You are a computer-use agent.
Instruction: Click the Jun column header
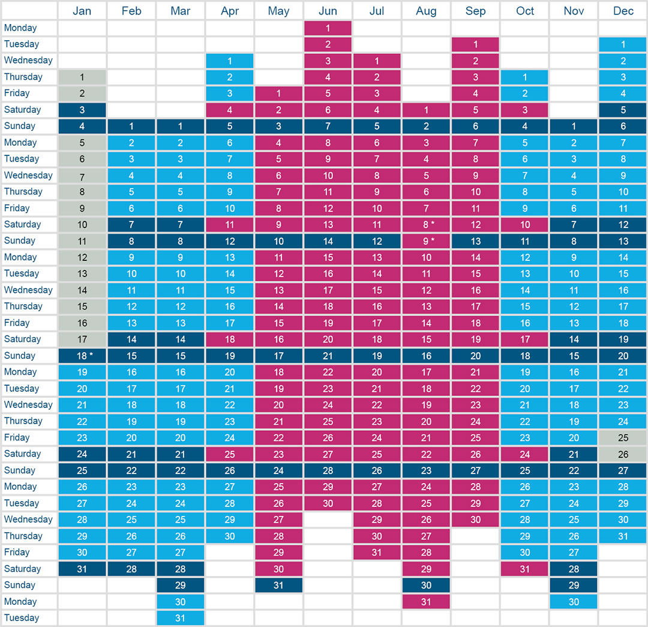pos(328,11)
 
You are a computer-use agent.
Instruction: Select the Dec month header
pos(623,11)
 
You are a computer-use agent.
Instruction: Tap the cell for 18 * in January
pos(82,355)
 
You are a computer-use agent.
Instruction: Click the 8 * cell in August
pos(426,224)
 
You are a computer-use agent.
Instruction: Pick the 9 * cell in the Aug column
pos(426,241)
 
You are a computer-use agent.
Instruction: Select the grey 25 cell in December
pos(623,437)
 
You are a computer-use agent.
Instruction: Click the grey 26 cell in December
pos(623,454)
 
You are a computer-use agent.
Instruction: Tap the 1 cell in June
pos(328,28)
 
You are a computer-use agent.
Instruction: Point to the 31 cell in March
pos(181,618)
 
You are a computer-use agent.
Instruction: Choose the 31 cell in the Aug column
pos(426,601)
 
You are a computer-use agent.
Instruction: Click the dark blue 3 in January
pos(82,110)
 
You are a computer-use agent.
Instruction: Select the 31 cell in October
pos(524,569)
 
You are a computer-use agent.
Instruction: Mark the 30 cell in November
pos(574,601)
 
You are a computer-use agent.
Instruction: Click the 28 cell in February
pos(131,569)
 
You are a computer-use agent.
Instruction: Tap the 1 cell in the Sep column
pos(475,44)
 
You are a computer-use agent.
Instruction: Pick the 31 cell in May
pos(278,585)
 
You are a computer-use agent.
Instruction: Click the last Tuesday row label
pos(22,618)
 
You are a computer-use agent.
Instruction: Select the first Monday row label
pos(20,28)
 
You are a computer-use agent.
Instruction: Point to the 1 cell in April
pos(229,60)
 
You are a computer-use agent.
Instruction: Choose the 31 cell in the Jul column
pos(377,552)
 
